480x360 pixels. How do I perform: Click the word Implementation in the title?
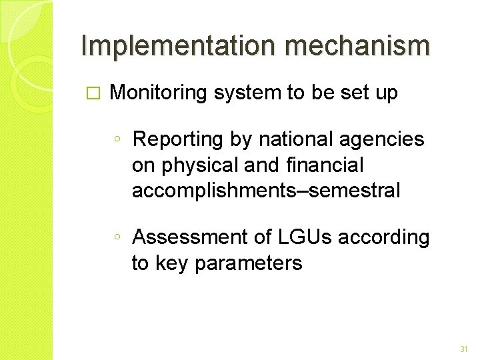coord(172,46)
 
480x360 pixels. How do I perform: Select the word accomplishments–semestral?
coord(266,191)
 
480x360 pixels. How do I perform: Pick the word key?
coord(172,263)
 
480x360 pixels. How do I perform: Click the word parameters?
coord(248,263)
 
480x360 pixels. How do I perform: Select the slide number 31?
coord(464,349)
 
